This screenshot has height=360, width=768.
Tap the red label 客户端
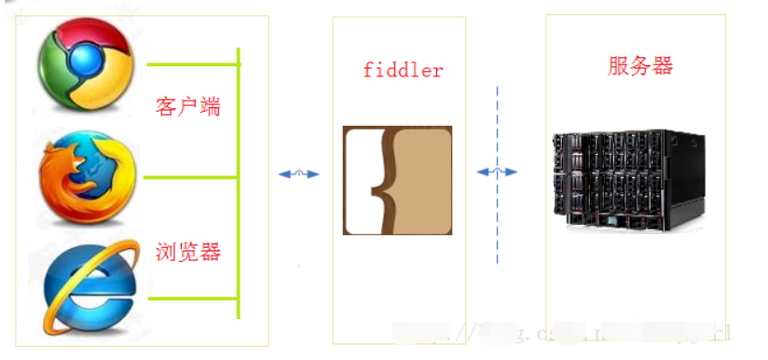188,104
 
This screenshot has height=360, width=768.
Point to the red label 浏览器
188,251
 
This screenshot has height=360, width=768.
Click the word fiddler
403,70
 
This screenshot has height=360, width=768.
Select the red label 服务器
640,65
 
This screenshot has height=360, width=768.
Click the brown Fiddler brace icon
398,180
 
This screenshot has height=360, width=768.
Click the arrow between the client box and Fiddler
299,173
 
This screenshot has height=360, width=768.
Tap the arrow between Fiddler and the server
497,172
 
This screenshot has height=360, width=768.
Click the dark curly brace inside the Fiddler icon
381,180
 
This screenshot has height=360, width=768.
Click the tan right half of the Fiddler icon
424,180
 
